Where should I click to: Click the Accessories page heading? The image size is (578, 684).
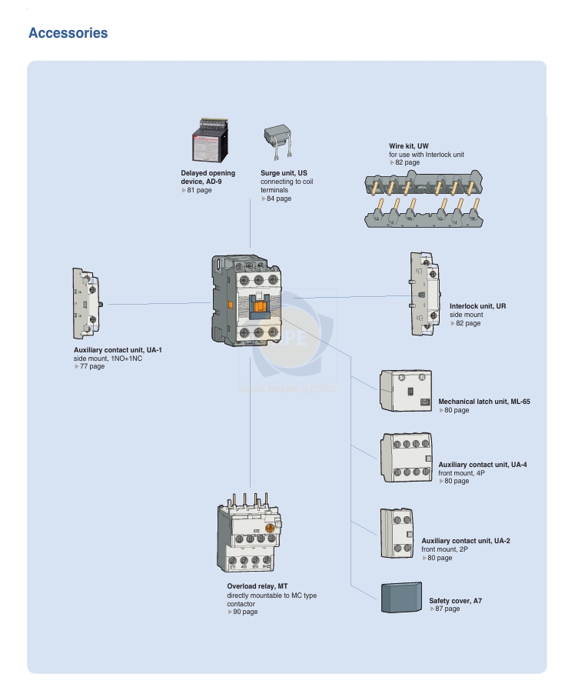click(68, 33)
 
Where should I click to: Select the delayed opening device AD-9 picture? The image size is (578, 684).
click(210, 140)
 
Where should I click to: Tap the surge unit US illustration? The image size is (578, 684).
click(277, 142)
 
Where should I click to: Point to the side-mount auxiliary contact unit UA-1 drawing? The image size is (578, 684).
click(87, 304)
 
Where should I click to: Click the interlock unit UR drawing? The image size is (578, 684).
click(424, 294)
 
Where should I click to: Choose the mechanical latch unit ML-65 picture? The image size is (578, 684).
click(406, 390)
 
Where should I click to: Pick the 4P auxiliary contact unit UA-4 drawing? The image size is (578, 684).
click(407, 458)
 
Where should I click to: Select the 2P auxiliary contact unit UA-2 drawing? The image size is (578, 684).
click(397, 533)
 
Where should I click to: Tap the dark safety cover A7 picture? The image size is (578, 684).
click(401, 597)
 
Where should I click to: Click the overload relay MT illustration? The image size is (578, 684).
click(249, 533)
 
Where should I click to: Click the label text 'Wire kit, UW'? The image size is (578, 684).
click(408, 146)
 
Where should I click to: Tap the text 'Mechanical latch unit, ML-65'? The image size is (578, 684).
click(484, 402)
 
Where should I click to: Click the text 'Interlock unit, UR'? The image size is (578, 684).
click(478, 306)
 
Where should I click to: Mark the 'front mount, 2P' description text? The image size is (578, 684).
click(444, 549)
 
